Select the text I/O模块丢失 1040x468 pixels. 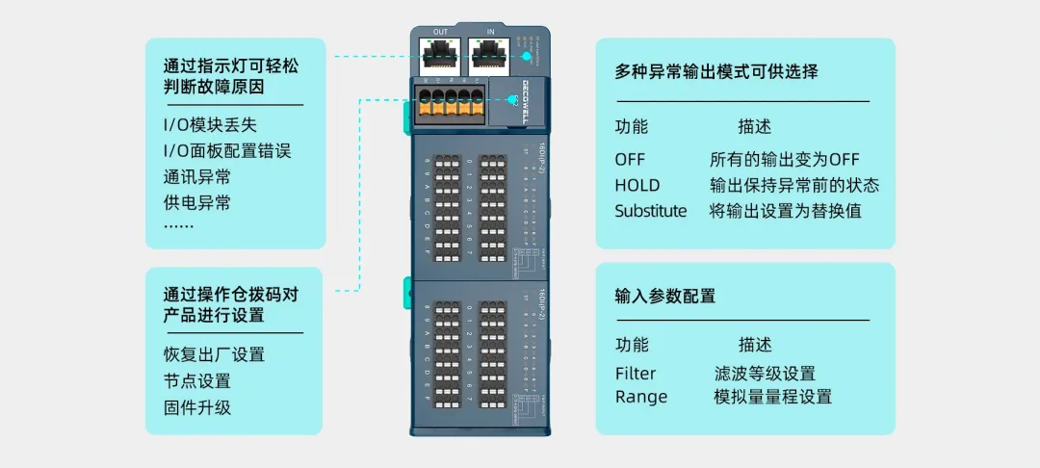[210, 125]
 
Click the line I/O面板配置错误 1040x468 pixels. [227, 151]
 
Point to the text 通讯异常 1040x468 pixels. [196, 177]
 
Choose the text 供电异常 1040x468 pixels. [196, 203]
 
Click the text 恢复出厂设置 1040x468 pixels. [214, 354]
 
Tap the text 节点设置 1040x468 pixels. [196, 380]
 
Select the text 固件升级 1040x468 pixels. [196, 406]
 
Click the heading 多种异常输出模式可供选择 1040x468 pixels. [716, 72]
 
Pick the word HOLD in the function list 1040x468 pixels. [637, 185]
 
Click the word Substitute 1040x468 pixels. [651, 211]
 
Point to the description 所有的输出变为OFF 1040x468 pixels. [784, 159]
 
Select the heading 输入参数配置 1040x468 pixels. [664, 296]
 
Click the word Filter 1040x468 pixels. [635, 374]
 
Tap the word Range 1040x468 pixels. [640, 397]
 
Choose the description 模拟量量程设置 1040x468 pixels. [772, 397]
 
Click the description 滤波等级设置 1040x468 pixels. [765, 374]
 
